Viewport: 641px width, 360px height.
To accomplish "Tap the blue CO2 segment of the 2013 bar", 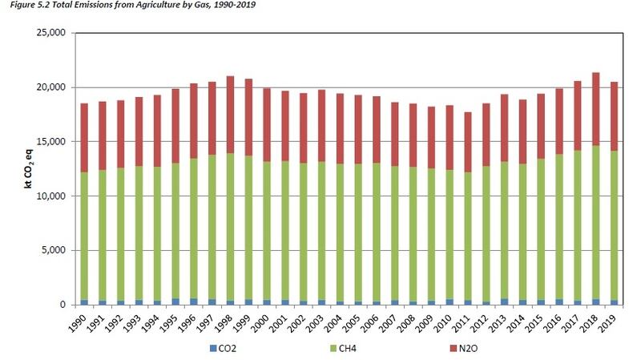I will pos(504,301).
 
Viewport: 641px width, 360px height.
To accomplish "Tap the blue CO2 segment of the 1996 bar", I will pos(195,301).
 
